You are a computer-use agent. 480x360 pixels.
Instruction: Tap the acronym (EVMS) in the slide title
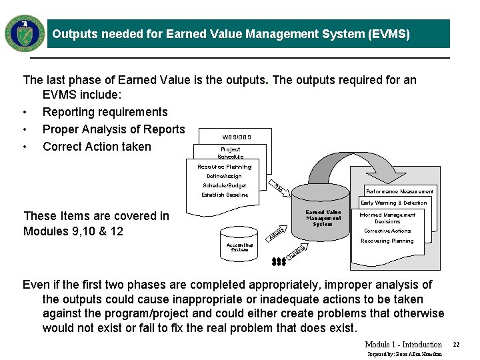click(388, 34)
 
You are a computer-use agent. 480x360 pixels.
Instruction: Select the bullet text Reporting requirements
click(105, 112)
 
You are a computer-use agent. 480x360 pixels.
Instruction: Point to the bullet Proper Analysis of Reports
click(113, 129)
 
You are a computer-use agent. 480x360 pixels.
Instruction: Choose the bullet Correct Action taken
click(97, 147)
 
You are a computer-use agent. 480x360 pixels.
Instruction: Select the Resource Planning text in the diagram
click(224, 167)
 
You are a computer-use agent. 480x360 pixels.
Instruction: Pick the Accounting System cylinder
click(239, 247)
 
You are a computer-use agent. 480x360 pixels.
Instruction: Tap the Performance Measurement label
click(399, 191)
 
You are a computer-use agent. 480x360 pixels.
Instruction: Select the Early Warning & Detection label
click(393, 203)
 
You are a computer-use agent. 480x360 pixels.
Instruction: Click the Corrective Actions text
click(387, 231)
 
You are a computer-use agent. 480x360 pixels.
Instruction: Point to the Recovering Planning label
click(387, 241)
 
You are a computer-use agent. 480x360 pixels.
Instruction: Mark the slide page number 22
click(457, 345)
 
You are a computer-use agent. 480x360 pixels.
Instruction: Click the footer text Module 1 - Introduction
click(403, 345)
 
